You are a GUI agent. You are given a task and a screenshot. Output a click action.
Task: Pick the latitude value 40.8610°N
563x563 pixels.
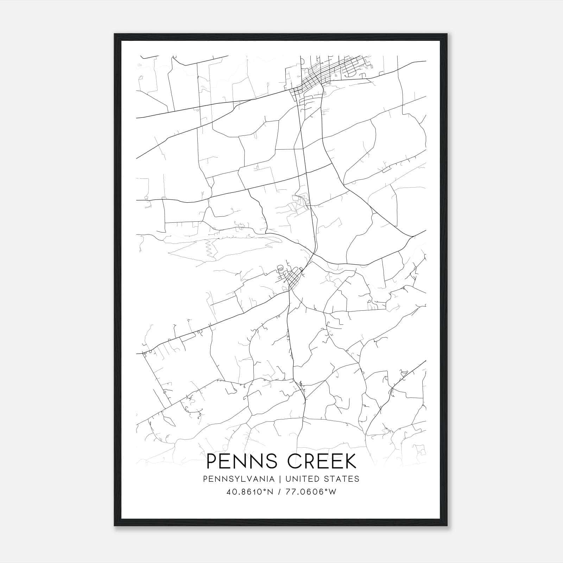coord(250,492)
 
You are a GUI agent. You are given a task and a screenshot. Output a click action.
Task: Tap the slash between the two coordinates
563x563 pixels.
coord(279,492)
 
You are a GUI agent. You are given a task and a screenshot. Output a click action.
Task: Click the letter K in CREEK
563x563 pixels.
coord(348,462)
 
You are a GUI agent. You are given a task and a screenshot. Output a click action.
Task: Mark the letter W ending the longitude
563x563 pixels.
coord(333,492)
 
